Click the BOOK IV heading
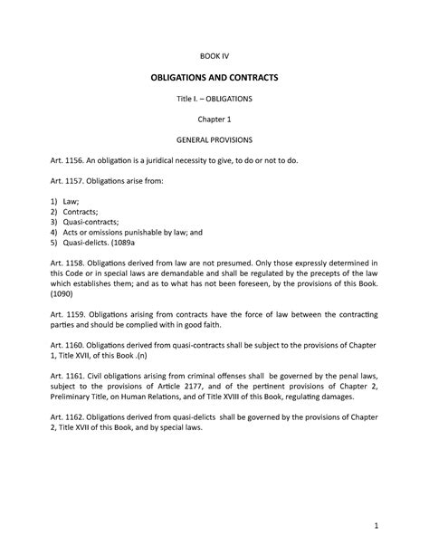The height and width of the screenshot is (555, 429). pyautogui.click(x=214, y=56)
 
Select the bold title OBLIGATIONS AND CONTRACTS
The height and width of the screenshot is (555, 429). pyautogui.click(x=214, y=79)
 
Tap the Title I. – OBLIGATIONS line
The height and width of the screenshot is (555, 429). pyautogui.click(x=214, y=99)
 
